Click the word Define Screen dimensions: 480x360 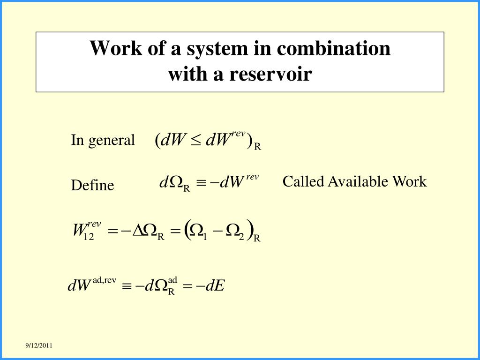tap(92, 186)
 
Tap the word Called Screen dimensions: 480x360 tap(303, 181)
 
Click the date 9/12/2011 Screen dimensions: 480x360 tap(39, 345)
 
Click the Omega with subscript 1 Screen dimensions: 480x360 tap(197, 230)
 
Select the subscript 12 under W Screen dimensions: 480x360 tap(89, 237)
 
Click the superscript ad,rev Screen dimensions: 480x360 tap(104, 280)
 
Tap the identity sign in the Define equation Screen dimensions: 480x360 tap(201, 182)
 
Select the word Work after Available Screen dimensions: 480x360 tap(409, 181)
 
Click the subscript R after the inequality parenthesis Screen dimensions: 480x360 tap(257, 147)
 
